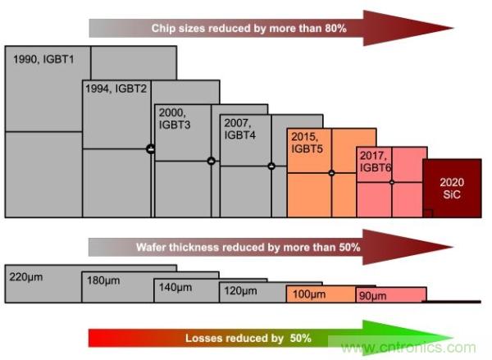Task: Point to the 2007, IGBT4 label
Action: click(x=239, y=128)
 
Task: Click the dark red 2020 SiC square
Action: click(x=451, y=188)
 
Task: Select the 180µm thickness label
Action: click(x=103, y=281)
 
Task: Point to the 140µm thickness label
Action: click(x=175, y=287)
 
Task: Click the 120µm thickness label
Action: click(x=240, y=290)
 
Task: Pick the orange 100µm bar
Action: click(x=320, y=294)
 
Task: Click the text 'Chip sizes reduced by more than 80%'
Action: click(x=249, y=29)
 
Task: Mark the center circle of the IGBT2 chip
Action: click(x=151, y=148)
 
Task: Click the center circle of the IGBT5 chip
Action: click(x=331, y=173)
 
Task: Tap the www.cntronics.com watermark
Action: click(x=408, y=348)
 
